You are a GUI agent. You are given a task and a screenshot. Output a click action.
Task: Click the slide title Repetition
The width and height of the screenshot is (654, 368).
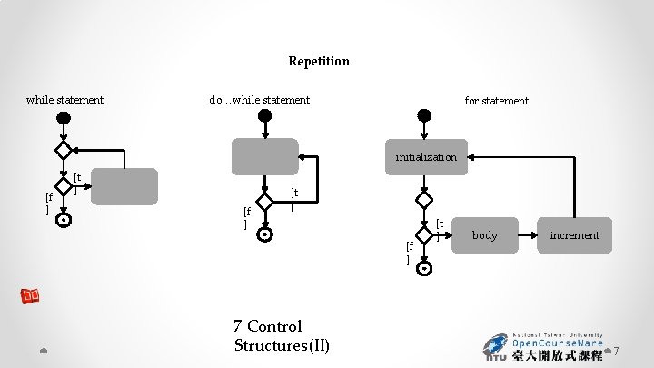[319, 62]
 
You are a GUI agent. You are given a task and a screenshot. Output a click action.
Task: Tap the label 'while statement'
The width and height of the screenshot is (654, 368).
[64, 100]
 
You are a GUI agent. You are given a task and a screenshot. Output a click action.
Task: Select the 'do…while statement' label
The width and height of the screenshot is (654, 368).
[259, 100]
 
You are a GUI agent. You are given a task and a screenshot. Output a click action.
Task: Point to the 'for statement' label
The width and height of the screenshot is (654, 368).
[496, 101]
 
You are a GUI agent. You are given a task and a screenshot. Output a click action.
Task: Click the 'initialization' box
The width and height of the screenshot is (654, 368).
[426, 157]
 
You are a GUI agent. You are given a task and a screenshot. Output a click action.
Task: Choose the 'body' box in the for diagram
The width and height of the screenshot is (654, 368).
[485, 235]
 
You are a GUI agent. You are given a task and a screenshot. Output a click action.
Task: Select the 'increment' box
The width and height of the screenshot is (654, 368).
[574, 235]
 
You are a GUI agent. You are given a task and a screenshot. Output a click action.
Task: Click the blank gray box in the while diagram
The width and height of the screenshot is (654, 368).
[124, 186]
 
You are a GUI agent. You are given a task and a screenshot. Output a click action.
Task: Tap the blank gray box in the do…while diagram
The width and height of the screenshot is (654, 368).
[264, 156]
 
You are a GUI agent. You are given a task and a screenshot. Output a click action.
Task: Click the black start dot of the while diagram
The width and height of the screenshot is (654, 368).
[63, 117]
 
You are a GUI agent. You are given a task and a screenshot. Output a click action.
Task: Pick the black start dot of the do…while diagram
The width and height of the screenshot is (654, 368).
[263, 115]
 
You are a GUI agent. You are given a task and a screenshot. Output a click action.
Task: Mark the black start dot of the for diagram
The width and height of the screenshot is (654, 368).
[423, 115]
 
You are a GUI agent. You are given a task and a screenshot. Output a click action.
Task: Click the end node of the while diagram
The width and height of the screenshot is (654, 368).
[63, 219]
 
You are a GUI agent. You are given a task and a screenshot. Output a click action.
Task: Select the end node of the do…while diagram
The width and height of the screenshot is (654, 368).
[263, 234]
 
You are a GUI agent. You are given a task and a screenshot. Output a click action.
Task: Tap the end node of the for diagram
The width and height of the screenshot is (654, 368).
[424, 267]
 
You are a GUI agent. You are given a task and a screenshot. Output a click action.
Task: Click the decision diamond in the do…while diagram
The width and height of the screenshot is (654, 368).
[263, 202]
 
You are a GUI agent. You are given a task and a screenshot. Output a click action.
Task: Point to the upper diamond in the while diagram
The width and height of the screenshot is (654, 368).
[63, 149]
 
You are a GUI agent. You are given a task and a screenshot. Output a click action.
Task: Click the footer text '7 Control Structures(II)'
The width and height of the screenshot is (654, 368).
[281, 336]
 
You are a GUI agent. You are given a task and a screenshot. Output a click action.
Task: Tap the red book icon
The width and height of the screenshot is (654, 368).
[32, 296]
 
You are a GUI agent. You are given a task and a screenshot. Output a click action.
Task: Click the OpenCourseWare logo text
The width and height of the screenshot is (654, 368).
[558, 344]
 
